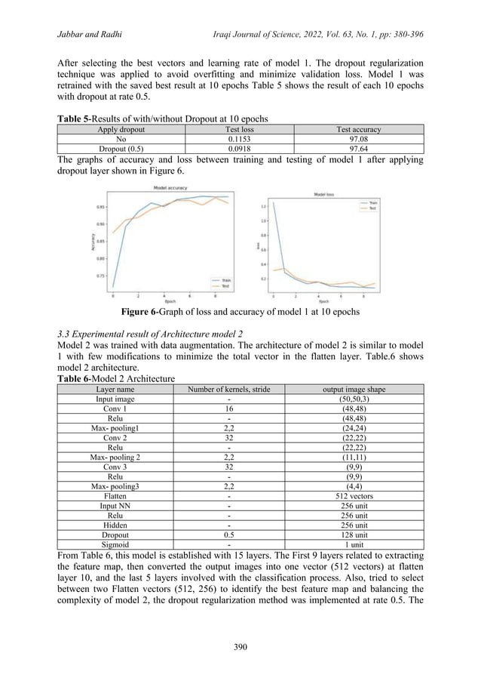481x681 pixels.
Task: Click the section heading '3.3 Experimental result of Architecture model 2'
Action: click(149, 333)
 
